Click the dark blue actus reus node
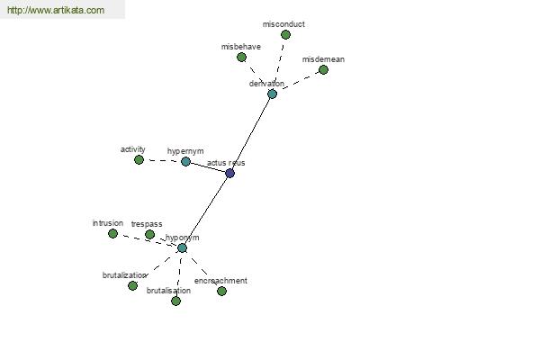(x=230, y=173)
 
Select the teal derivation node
(x=272, y=94)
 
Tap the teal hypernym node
(x=185, y=161)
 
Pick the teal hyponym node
(x=182, y=247)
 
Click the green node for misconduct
(x=285, y=34)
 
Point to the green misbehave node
(x=242, y=58)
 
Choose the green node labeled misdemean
(x=323, y=69)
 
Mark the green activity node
(x=139, y=159)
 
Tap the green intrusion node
(x=112, y=234)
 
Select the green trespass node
(x=149, y=234)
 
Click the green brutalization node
(x=132, y=285)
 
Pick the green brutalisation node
(x=176, y=301)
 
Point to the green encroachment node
(x=221, y=291)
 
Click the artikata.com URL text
(x=56, y=10)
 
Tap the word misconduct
(x=283, y=24)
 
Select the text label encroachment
(x=220, y=281)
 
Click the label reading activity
(x=133, y=149)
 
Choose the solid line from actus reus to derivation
(x=251, y=133)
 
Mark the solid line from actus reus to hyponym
(x=206, y=211)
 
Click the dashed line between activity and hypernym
(x=162, y=160)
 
